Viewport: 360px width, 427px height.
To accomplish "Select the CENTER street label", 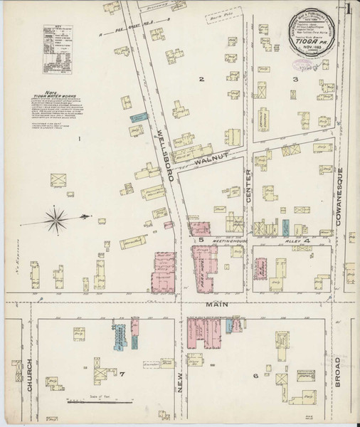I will pyautogui.click(x=250, y=192).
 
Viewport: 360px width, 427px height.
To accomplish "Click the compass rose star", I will pyautogui.click(x=61, y=215).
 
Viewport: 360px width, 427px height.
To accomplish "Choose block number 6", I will pyautogui.click(x=253, y=376).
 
